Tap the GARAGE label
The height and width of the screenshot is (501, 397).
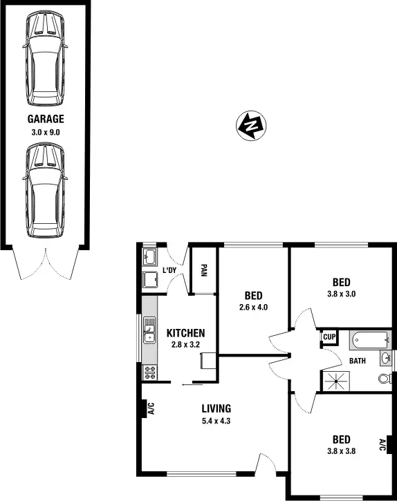[45, 119]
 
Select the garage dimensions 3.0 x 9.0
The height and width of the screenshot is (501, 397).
[45, 131]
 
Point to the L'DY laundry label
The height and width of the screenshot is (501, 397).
[169, 270]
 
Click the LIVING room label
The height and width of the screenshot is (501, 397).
[216, 408]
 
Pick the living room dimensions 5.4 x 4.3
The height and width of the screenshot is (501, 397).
[216, 420]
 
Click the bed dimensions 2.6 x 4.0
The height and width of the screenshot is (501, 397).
[253, 308]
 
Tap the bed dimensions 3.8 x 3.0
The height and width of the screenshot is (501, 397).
[341, 293]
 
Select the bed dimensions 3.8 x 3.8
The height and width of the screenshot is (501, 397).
[341, 451]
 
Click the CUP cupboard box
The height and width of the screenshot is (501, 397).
[329, 337]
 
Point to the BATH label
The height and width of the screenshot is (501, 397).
[357, 361]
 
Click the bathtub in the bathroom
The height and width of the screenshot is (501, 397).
[371, 341]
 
